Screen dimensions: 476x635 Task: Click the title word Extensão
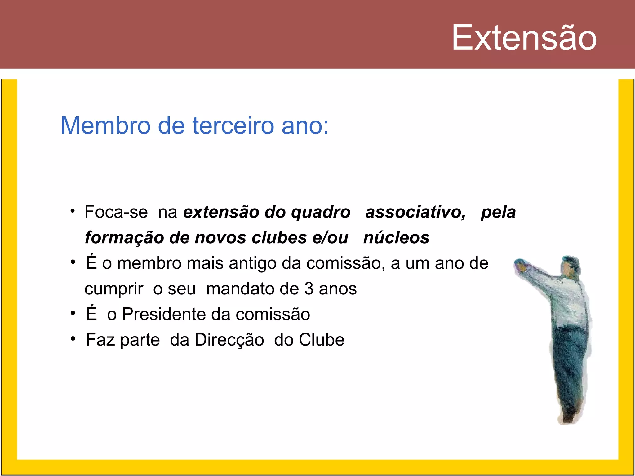[524, 38]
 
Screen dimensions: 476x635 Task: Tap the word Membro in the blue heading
[105, 126]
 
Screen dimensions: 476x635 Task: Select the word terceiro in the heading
[233, 126]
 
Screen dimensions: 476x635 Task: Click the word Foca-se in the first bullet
[116, 212]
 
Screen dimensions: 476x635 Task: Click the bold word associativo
[415, 212]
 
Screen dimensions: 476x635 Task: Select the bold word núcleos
[396, 238]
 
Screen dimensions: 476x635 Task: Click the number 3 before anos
[309, 289]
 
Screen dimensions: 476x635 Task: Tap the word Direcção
[229, 340]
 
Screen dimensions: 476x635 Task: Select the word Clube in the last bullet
[322, 340]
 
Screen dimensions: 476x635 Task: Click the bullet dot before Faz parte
[73, 339]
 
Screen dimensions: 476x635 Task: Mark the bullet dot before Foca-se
[73, 211]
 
